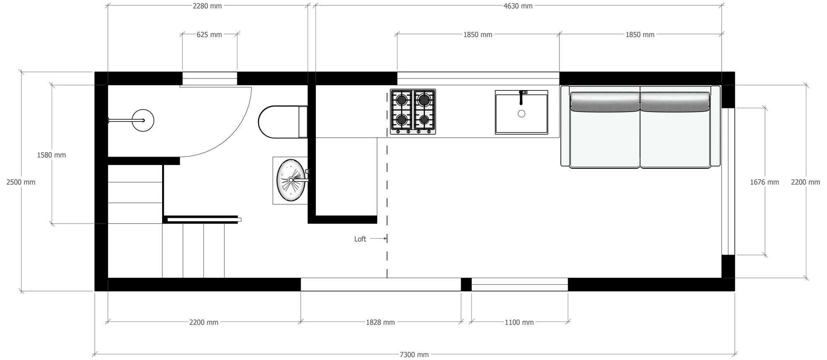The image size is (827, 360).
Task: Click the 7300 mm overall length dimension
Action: click(414, 354)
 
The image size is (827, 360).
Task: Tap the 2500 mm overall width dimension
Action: click(21, 182)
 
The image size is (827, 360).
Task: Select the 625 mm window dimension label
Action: click(209, 35)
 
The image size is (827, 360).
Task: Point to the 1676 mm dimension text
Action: click(764, 182)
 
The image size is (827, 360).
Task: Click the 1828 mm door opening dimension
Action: click(380, 322)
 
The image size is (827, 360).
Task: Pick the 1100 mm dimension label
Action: click(519, 322)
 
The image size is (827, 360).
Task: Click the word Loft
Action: click(360, 239)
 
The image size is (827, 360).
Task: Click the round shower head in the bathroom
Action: click(143, 120)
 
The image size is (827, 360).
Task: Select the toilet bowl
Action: click(277, 122)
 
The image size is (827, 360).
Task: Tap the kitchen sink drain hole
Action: click(521, 114)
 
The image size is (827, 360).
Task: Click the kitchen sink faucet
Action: click(521, 98)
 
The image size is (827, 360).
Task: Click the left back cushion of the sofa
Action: click(605, 102)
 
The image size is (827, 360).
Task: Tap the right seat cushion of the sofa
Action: click(675, 138)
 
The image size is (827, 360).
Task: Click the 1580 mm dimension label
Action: click(51, 155)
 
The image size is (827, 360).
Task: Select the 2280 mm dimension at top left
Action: click(207, 6)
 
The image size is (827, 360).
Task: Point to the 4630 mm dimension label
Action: click(518, 6)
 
